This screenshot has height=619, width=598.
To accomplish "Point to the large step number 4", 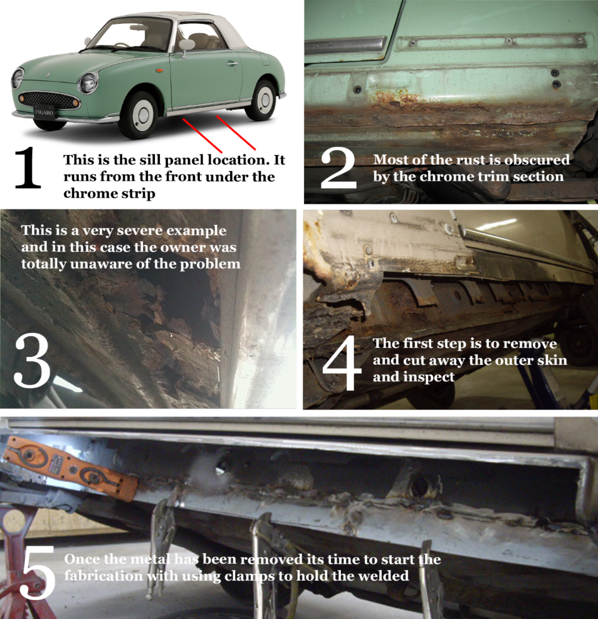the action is [x=342, y=363].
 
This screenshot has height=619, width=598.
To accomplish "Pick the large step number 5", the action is [x=37, y=573].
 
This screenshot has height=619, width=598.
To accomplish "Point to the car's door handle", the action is [x=232, y=64].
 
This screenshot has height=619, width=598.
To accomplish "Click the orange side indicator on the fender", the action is [x=160, y=70].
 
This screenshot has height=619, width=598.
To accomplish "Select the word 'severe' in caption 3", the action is [x=140, y=230].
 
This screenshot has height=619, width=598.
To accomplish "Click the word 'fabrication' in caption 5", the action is [x=103, y=576].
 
